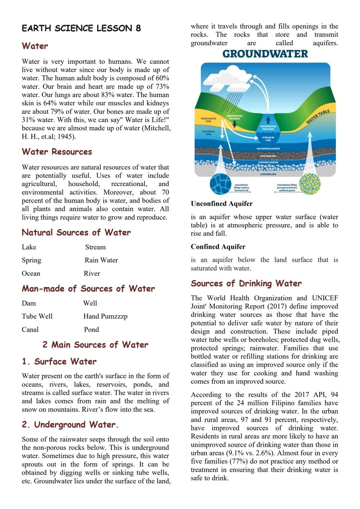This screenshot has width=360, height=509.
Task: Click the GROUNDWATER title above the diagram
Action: pos(265,54)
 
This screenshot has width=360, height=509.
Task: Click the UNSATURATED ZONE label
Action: pos(208,120)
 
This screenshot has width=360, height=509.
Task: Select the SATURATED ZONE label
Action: pos(208,133)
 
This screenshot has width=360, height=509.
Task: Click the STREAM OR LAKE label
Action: pos(268,139)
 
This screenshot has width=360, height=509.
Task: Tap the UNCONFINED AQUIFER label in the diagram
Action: pos(268,148)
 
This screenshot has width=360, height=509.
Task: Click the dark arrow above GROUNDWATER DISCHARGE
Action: pos(268,120)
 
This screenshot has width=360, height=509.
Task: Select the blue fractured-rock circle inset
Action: pos(220,184)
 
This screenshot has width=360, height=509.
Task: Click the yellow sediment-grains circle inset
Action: pos(310,184)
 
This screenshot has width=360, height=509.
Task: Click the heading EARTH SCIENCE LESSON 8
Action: pos(81,28)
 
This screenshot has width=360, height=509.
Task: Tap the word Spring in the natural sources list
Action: pos(31,260)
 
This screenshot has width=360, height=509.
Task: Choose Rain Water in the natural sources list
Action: pos(101,260)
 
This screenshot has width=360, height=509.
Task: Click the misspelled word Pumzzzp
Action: pos(114,317)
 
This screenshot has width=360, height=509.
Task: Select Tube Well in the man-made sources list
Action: pos(37,316)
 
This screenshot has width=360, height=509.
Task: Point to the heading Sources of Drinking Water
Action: pos(246,284)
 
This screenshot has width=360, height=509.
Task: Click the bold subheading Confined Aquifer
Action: pos(218,247)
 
